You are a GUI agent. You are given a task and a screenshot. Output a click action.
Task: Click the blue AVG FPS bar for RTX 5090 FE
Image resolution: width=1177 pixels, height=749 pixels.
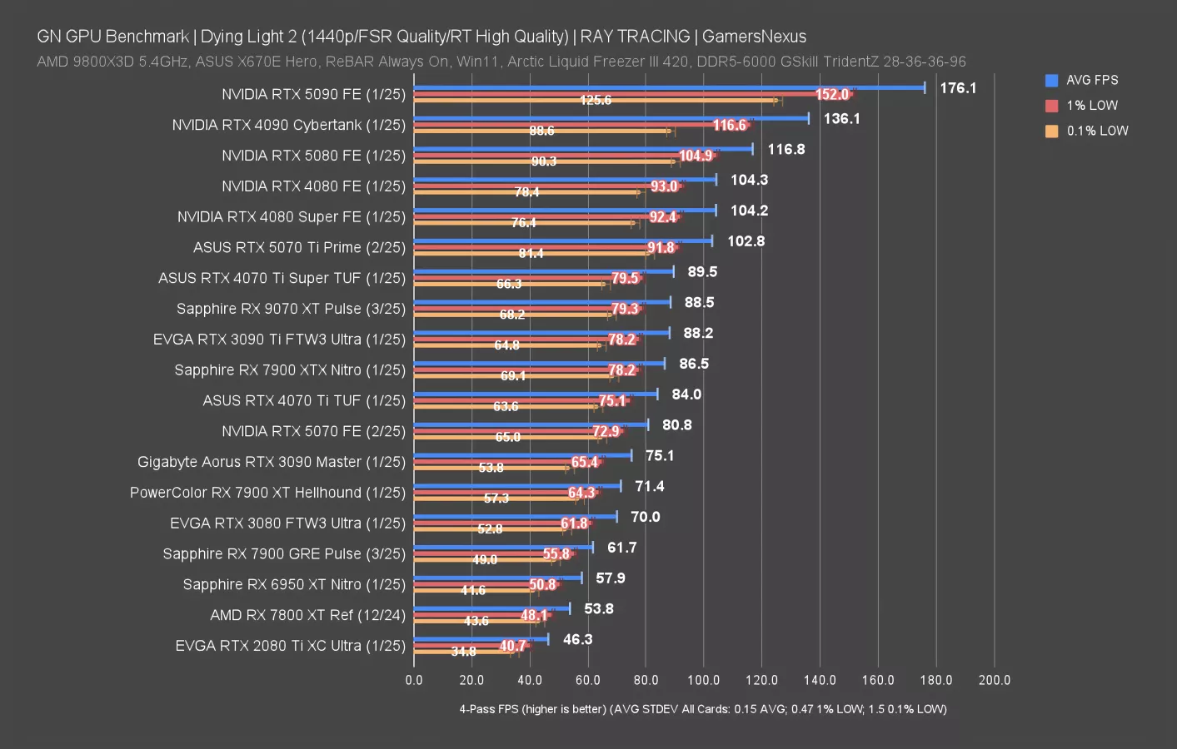pyautogui.click(x=666, y=87)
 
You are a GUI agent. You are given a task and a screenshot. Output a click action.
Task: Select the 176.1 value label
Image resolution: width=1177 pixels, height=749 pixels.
pyautogui.click(x=958, y=88)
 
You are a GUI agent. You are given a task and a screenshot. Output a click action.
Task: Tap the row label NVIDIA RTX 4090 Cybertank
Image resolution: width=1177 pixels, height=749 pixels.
pyautogui.click(x=288, y=125)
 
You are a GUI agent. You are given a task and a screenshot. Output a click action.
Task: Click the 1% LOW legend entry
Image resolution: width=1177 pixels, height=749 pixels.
pyautogui.click(x=1091, y=106)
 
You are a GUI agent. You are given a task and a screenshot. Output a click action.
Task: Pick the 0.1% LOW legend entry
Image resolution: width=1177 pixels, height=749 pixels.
pyautogui.click(x=1096, y=131)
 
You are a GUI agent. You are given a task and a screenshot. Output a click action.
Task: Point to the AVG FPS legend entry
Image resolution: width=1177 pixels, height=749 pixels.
pyautogui.click(x=1091, y=80)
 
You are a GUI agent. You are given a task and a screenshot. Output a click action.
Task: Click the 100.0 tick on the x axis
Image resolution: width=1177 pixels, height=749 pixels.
pyautogui.click(x=703, y=680)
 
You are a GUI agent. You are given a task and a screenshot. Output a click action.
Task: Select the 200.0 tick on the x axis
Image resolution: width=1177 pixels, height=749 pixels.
pyautogui.click(x=994, y=680)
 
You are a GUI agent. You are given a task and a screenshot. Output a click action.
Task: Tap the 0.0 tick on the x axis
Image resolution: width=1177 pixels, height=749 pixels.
pyautogui.click(x=414, y=680)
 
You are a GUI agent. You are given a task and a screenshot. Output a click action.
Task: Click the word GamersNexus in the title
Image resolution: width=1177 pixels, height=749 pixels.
pyautogui.click(x=754, y=37)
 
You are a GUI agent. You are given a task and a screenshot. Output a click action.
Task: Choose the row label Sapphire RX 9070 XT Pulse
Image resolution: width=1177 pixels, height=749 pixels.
pyautogui.click(x=291, y=309)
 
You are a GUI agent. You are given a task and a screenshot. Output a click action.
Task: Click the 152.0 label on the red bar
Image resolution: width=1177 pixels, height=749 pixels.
pyautogui.click(x=831, y=95)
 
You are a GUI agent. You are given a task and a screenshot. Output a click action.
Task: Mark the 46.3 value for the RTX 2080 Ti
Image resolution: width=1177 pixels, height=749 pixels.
pyautogui.click(x=577, y=639)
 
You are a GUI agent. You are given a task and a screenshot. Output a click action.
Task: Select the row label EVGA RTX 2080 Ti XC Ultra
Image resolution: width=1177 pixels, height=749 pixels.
pyautogui.click(x=290, y=646)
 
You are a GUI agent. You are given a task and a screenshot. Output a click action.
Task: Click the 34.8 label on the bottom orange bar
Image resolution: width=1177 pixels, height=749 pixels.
pyautogui.click(x=463, y=652)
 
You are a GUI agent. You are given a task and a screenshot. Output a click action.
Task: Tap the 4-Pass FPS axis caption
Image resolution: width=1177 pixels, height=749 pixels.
pyautogui.click(x=702, y=709)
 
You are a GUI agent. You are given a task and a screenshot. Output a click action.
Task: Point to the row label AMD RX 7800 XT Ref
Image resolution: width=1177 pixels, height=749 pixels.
pyautogui.click(x=307, y=615)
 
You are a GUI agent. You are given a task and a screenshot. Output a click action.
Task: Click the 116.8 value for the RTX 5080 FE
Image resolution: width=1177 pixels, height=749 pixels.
pyautogui.click(x=785, y=149)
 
